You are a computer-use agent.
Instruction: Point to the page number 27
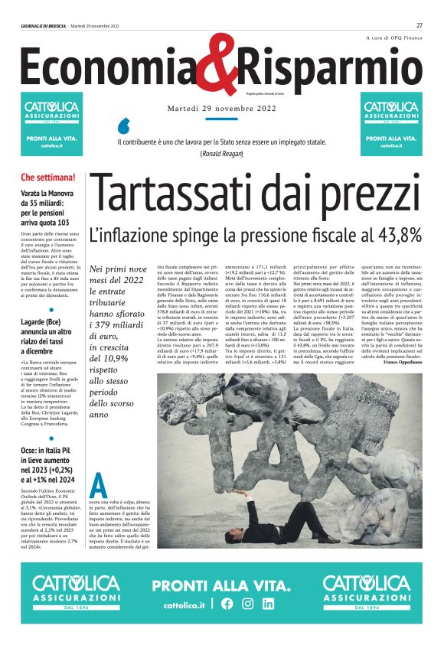[x=420, y=25]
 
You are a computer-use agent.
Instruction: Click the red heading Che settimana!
[x=48, y=178]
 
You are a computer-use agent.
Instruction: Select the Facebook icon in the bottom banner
[x=227, y=604]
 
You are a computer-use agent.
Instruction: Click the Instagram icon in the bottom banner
[x=247, y=604]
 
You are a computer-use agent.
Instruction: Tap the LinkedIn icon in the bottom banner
[x=268, y=604]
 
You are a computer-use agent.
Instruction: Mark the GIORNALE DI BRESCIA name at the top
[x=43, y=25]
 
